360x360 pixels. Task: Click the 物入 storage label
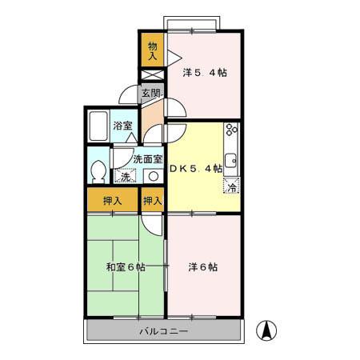pyautogui.click(x=152, y=50)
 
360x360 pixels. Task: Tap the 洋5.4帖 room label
pyautogui.click(x=204, y=73)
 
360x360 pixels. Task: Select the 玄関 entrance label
pyautogui.click(x=151, y=93)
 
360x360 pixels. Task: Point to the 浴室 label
pyautogui.click(x=122, y=126)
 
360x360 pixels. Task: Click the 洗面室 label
pyautogui.click(x=148, y=158)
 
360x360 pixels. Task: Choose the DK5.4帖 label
pyautogui.click(x=195, y=169)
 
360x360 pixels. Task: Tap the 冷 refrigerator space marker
pyautogui.click(x=231, y=187)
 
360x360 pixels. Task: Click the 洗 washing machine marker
pyautogui.click(x=123, y=176)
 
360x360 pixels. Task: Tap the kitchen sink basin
pyautogui.click(x=231, y=158)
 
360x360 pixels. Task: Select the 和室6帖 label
pyautogui.click(x=125, y=267)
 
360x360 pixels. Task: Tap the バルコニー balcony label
pyautogui.click(x=162, y=330)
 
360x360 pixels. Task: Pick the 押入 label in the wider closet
pyautogui.click(x=112, y=201)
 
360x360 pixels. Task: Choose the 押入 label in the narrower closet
pyautogui.click(x=153, y=201)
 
